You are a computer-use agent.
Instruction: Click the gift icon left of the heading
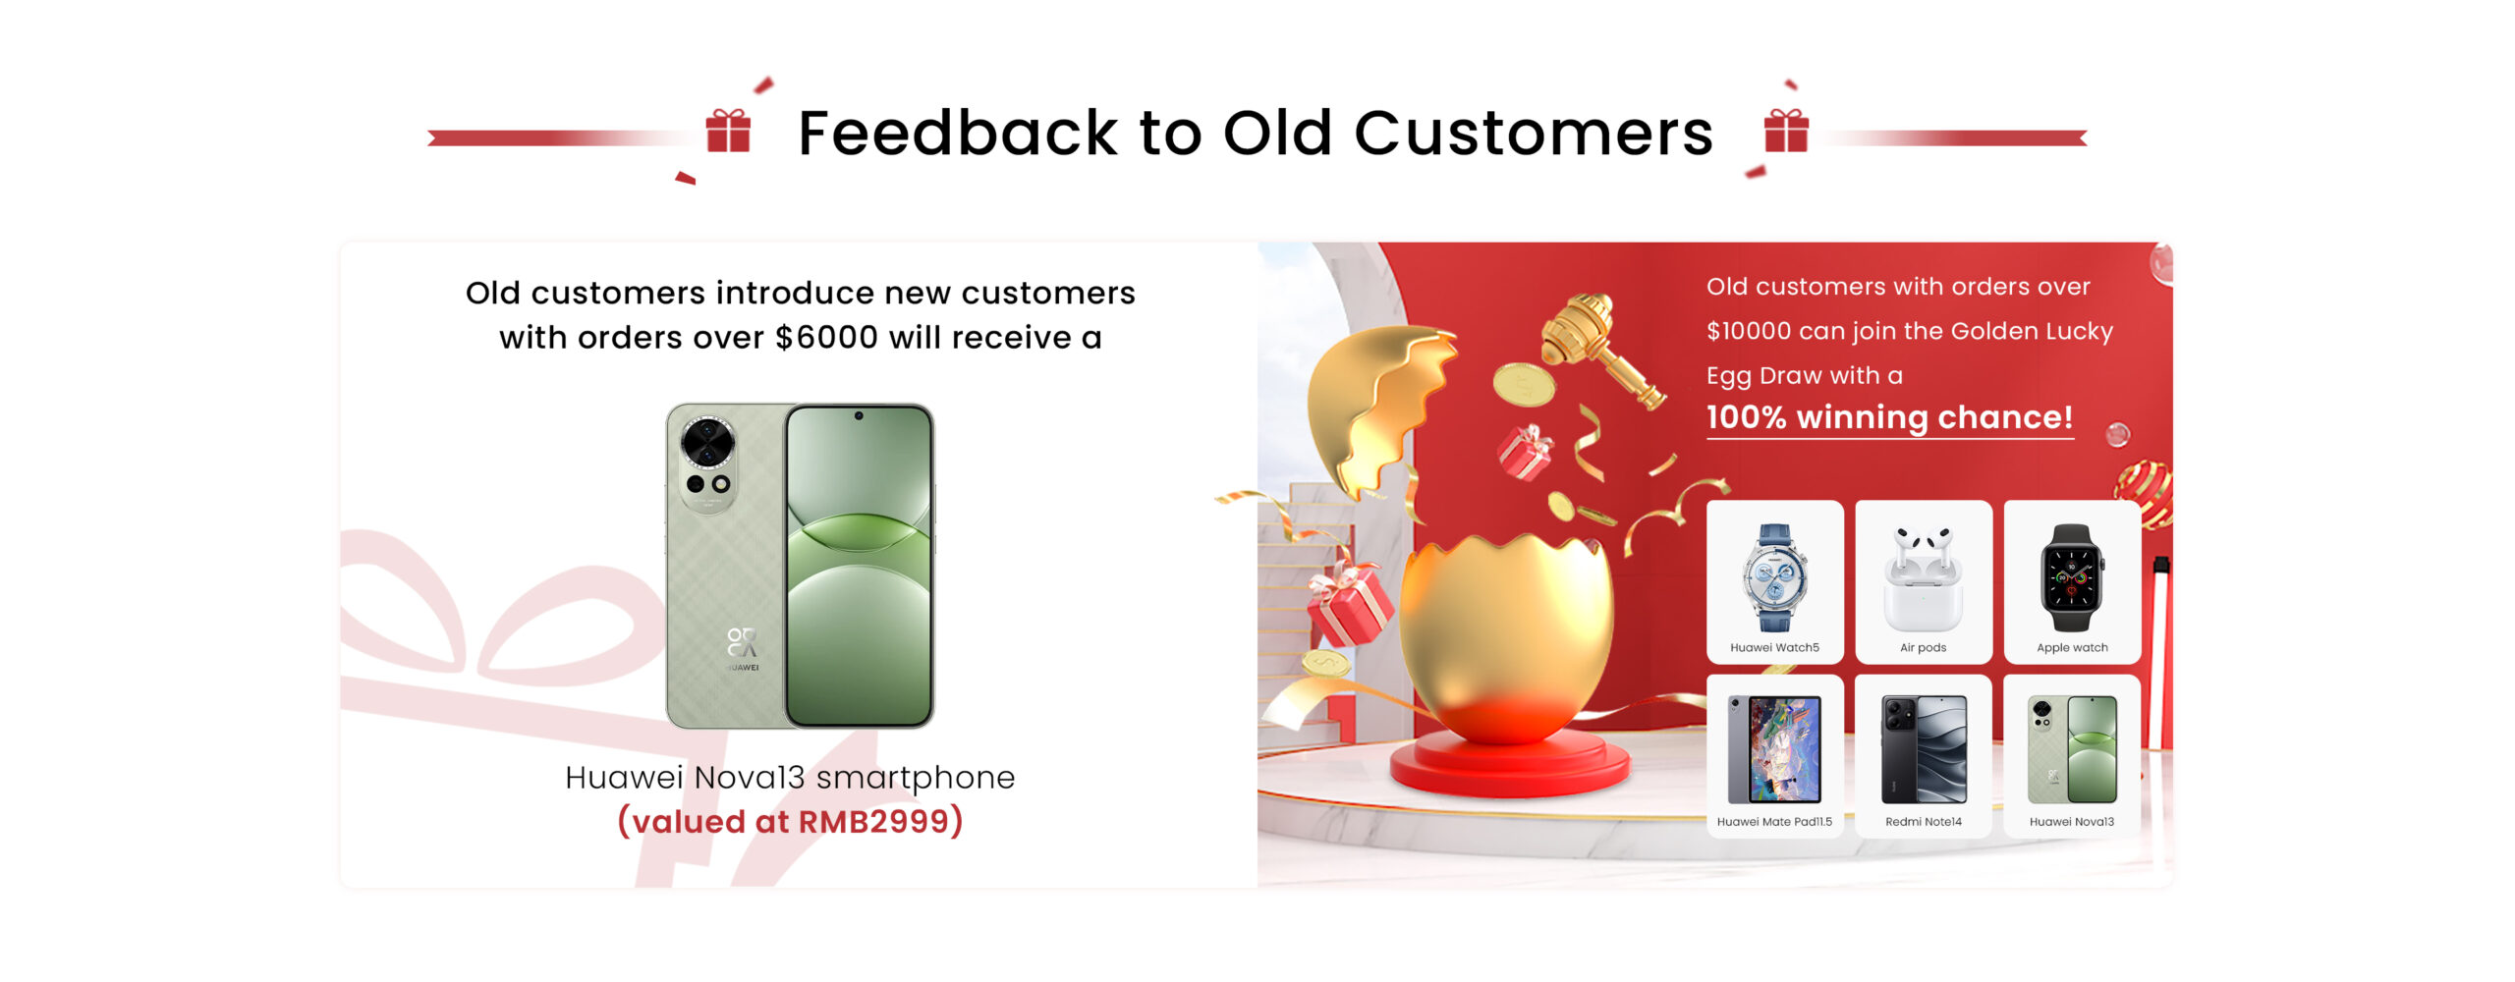[x=728, y=131]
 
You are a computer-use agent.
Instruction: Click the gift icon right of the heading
[x=1786, y=131]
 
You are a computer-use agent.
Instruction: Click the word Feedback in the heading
[x=958, y=133]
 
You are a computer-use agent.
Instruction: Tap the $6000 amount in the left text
[x=826, y=337]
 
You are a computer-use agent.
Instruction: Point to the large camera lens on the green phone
[x=708, y=443]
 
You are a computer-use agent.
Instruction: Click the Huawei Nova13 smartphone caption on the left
[x=790, y=777]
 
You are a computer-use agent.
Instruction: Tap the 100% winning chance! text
[x=1889, y=417]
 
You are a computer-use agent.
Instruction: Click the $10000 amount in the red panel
[x=1749, y=331]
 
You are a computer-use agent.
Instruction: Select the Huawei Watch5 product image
[x=1774, y=576]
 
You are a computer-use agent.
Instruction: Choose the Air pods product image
[x=1923, y=578]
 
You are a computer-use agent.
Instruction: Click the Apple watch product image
[x=2072, y=577]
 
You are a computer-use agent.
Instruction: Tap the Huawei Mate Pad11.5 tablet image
[x=1774, y=749]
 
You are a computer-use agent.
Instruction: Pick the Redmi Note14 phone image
[x=1924, y=749]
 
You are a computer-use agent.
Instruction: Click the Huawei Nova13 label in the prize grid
[x=2072, y=822]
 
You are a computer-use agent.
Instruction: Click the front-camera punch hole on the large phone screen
[x=859, y=416]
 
